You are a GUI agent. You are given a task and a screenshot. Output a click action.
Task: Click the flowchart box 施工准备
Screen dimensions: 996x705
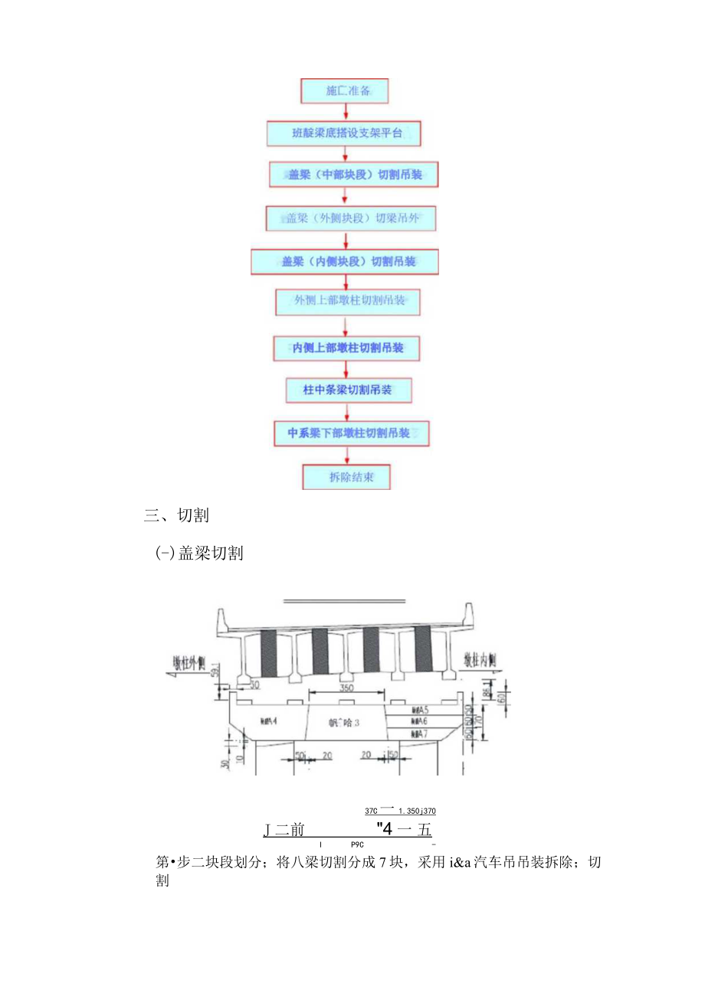[345, 90]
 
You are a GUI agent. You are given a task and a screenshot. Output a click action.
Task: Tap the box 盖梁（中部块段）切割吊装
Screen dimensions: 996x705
[345, 175]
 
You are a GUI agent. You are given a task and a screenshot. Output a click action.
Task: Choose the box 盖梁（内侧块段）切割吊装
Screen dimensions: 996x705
[345, 262]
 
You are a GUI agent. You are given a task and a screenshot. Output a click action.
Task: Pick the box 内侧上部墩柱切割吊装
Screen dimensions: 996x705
[348, 348]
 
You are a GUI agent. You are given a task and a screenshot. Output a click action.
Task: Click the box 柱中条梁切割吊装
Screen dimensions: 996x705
[348, 390]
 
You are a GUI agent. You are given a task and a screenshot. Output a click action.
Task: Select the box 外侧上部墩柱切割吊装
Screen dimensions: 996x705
[349, 301]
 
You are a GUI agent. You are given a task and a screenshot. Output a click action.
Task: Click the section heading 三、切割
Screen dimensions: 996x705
[176, 516]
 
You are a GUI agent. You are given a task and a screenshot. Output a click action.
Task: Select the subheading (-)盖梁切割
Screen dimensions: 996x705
[199, 554]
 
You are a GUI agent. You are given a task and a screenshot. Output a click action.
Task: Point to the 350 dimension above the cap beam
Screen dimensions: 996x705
[347, 688]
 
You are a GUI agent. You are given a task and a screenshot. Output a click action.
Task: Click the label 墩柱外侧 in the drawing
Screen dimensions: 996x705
[194, 662]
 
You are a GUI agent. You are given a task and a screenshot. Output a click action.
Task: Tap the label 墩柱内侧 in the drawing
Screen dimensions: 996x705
[480, 659]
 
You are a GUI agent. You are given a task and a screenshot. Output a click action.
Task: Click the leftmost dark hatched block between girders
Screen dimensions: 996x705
[268, 651]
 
